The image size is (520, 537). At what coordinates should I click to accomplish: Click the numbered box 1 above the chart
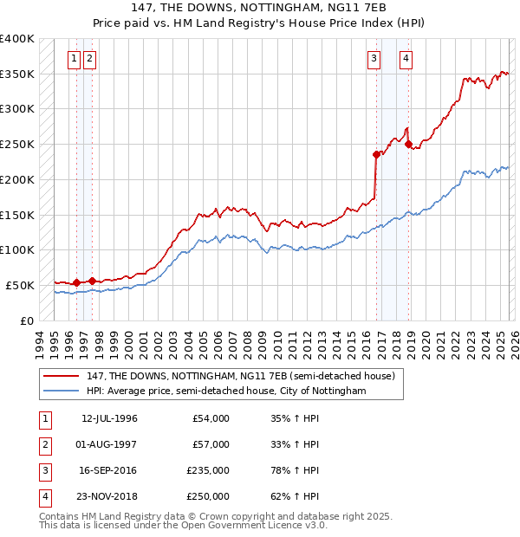point(75,59)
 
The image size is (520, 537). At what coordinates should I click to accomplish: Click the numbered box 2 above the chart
point(90,59)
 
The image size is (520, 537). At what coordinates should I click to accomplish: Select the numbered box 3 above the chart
point(374,59)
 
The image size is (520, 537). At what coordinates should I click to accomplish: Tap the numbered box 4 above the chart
point(406,59)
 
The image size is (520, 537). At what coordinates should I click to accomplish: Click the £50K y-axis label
point(19,285)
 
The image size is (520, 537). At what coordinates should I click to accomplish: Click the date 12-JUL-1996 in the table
point(109,418)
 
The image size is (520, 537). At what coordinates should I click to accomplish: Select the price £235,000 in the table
point(208,470)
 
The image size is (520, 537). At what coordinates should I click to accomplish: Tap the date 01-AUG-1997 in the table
point(109,444)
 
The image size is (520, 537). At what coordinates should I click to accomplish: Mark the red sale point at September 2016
point(376,155)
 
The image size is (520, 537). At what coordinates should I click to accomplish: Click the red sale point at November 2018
point(408,145)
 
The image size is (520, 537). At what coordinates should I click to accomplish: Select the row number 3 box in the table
point(44,470)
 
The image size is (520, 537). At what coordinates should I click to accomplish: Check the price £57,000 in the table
point(211,444)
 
